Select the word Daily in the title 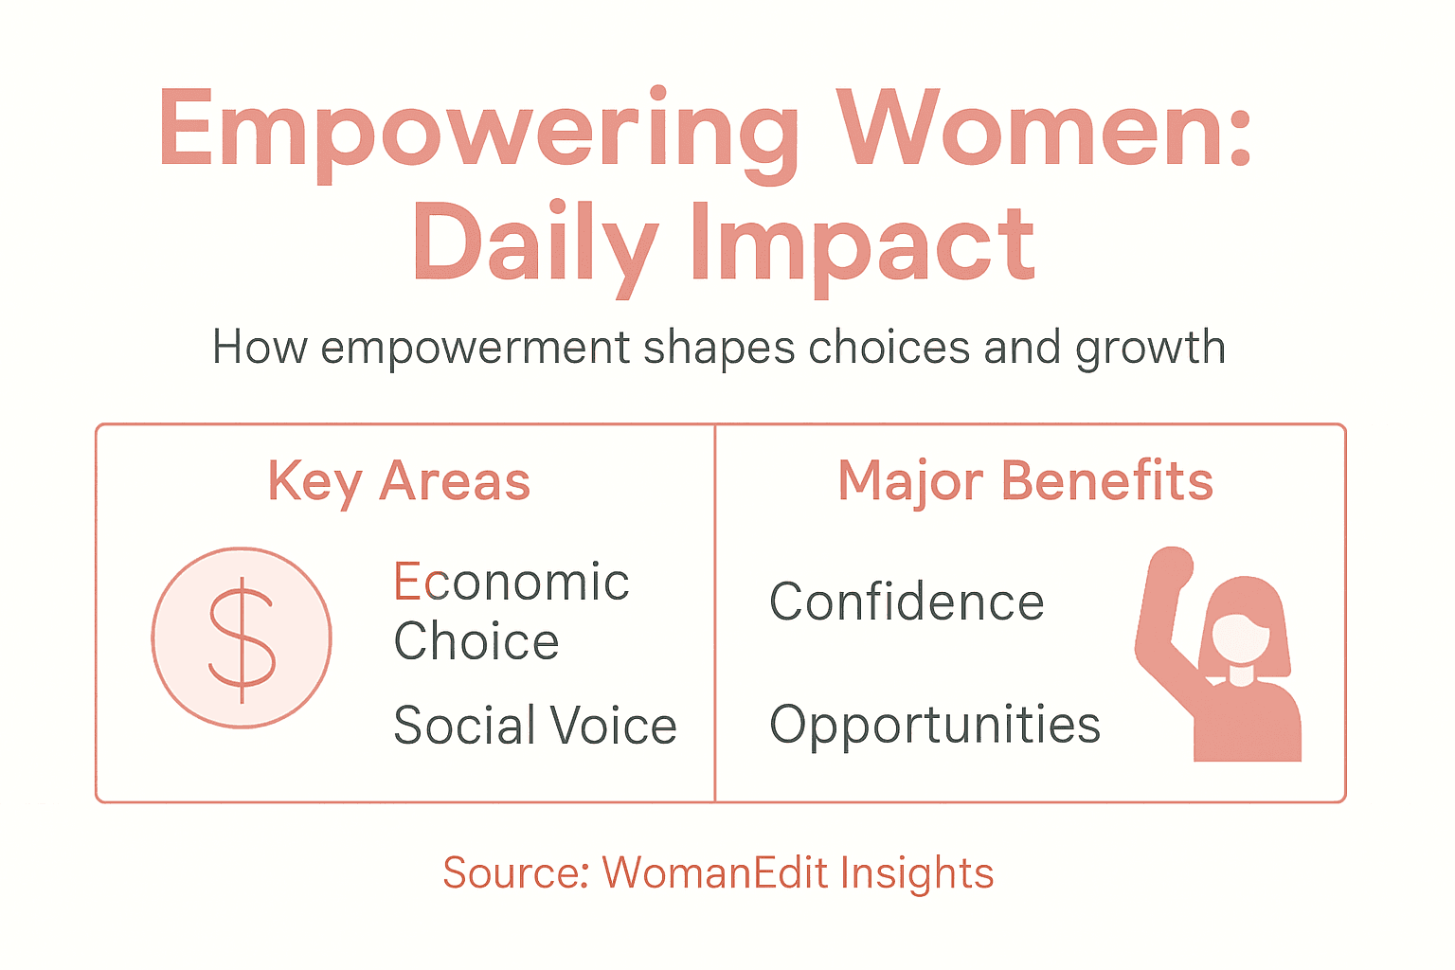534,244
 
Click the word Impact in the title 863,244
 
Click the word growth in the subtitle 1150,349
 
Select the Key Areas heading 399,481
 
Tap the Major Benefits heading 1025,481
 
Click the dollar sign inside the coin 242,638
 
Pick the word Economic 512,582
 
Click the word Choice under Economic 476,641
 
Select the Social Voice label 535,726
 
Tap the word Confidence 907,602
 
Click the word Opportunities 935,726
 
